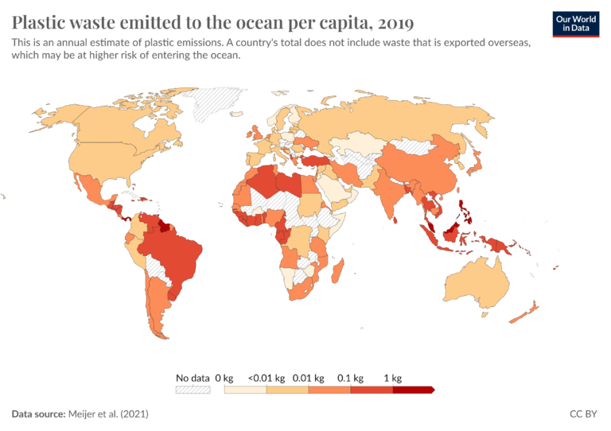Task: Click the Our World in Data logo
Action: [575, 22]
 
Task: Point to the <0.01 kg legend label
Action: [263, 378]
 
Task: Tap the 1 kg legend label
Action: [393, 378]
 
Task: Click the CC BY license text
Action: [584, 414]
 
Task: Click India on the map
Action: [390, 196]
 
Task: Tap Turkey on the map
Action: [320, 160]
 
